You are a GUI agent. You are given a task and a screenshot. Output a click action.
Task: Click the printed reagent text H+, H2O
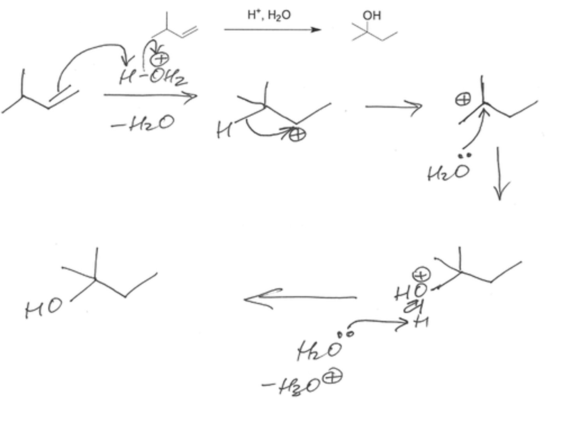point(269,15)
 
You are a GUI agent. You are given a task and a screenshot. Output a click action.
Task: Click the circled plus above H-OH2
point(160,59)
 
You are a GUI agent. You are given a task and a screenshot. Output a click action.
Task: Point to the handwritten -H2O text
point(143,124)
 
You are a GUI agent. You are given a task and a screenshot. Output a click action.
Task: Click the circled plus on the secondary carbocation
point(297,134)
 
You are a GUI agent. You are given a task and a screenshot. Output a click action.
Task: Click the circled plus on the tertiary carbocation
point(463,99)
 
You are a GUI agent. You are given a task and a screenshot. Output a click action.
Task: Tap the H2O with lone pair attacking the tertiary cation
point(448,170)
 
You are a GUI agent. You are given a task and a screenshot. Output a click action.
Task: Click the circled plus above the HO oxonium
point(421,275)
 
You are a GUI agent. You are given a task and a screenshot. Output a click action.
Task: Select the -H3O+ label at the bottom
point(303,384)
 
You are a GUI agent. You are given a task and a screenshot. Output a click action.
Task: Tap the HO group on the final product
point(43,308)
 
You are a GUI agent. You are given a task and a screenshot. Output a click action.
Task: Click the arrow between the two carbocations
point(393,106)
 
